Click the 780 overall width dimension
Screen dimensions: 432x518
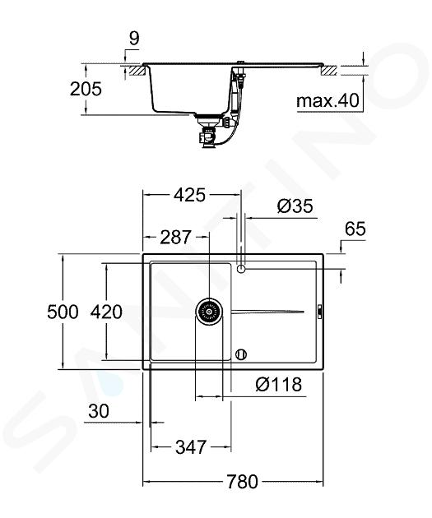(242, 481)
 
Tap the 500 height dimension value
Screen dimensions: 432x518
(63, 312)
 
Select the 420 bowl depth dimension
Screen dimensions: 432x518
(106, 312)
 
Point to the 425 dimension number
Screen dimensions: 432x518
(190, 195)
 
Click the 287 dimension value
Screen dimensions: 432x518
(175, 237)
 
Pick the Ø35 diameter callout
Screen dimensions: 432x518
(295, 206)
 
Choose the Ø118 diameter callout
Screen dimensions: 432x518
(279, 384)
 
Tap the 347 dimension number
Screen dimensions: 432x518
(191, 447)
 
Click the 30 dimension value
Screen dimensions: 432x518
(99, 411)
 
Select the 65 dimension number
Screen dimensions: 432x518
(355, 229)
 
